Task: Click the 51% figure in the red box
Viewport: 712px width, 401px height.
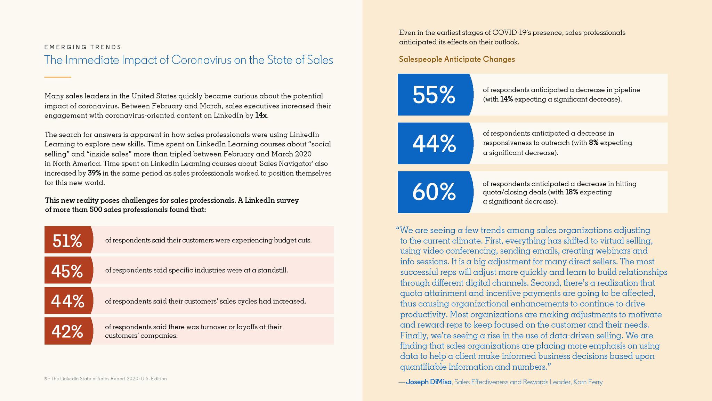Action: coord(67,241)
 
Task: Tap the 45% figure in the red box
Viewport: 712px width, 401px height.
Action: coord(67,271)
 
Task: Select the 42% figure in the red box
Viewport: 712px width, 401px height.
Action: coord(67,331)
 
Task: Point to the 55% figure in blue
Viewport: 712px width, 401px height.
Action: coord(434,95)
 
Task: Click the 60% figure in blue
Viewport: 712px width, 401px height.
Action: coord(434,192)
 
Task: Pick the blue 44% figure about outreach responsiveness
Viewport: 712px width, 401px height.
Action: coord(434,144)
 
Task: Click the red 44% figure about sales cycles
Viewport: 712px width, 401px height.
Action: coord(67,301)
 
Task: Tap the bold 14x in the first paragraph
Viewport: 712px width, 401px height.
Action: coord(261,115)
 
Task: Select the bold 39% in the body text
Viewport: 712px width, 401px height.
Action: coord(94,173)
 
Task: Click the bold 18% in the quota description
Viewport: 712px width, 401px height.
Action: coord(572,192)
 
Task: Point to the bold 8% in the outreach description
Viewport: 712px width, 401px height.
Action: coord(593,143)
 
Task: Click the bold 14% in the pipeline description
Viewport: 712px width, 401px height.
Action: coord(506,99)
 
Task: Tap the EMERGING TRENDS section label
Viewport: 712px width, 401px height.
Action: coord(83,47)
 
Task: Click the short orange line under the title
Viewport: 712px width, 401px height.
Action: coord(58,77)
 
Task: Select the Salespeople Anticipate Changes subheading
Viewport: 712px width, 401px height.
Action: coord(457,59)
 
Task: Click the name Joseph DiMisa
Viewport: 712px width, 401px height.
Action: coord(429,382)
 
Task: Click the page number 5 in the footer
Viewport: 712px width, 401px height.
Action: coord(46,379)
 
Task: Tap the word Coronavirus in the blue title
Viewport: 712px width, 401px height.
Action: coord(201,60)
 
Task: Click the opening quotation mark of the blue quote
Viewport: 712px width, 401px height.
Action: coord(398,229)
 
